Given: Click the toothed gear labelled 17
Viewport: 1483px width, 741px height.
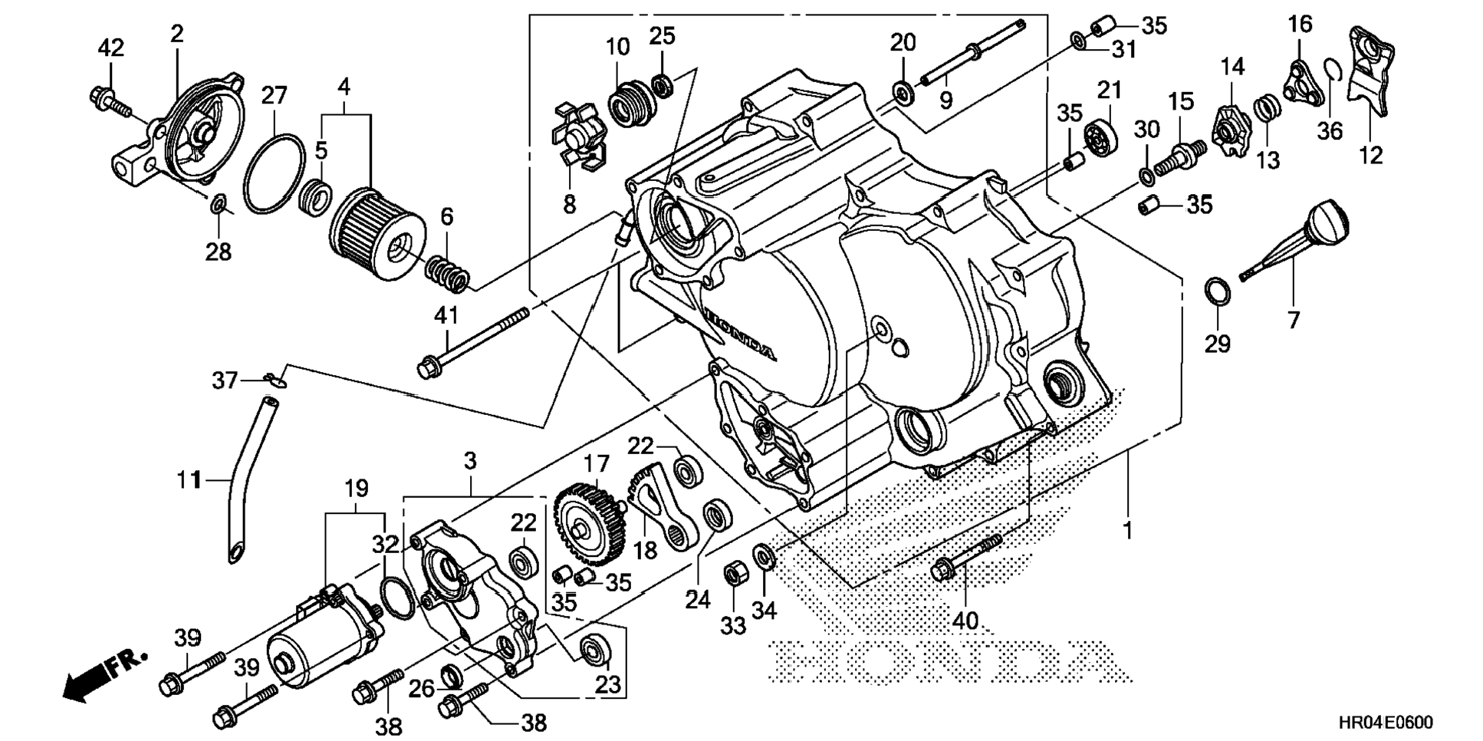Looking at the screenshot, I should click(588, 521).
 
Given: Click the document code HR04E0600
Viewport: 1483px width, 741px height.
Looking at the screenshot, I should click(1386, 723).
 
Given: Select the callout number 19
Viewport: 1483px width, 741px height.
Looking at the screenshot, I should click(356, 488).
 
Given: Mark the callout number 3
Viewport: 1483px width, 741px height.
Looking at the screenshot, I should click(470, 460).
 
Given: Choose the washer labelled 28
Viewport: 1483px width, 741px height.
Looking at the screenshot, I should click(218, 205).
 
